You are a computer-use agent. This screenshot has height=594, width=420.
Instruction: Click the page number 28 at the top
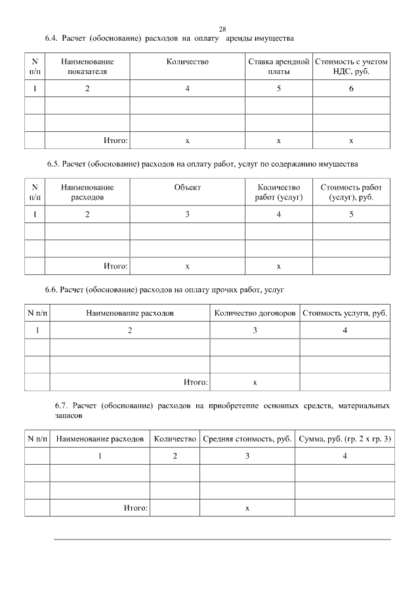pos(222,29)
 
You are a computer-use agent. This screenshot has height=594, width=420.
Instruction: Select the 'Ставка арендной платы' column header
pos(278,66)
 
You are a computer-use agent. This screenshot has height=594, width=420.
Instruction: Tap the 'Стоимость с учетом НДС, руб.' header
pos(351,66)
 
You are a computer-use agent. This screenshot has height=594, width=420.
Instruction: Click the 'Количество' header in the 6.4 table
pos(188,62)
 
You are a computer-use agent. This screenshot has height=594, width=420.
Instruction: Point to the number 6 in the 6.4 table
pos(351,88)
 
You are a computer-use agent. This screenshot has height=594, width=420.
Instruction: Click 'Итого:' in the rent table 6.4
pos(115,140)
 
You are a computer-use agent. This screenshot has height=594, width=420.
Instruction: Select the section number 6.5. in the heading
pos(54,163)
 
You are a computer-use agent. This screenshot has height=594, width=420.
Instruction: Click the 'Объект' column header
pos(188,187)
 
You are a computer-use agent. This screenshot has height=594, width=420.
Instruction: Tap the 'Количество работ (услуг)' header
pos(278,192)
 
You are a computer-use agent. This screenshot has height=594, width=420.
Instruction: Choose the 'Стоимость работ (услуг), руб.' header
pos(351,192)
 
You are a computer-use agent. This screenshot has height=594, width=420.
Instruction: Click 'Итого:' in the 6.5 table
pos(115,266)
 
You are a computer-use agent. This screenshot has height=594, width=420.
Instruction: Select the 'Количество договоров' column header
pos(255,313)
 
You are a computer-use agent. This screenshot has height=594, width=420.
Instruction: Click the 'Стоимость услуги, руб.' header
pos(345,313)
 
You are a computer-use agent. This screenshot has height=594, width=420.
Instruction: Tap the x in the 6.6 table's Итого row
pos(255,381)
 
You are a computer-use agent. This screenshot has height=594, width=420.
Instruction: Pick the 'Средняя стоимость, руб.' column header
pos(247,438)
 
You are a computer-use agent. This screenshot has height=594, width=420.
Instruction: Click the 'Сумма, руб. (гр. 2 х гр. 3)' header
pos(345,438)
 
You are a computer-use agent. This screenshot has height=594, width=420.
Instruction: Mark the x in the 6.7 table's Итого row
pos(247,508)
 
